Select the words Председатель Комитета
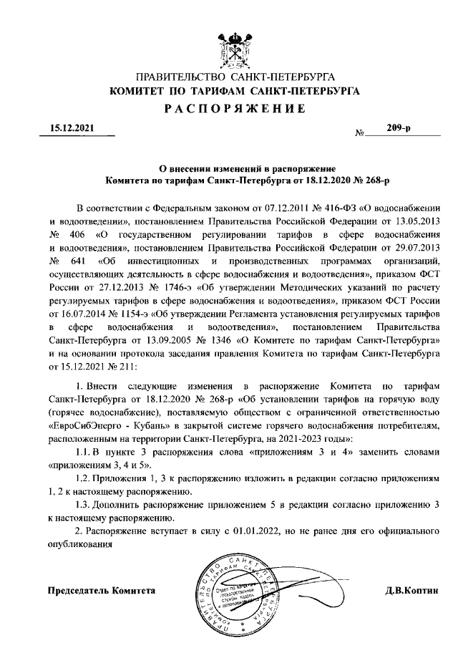[x=101, y=590]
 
